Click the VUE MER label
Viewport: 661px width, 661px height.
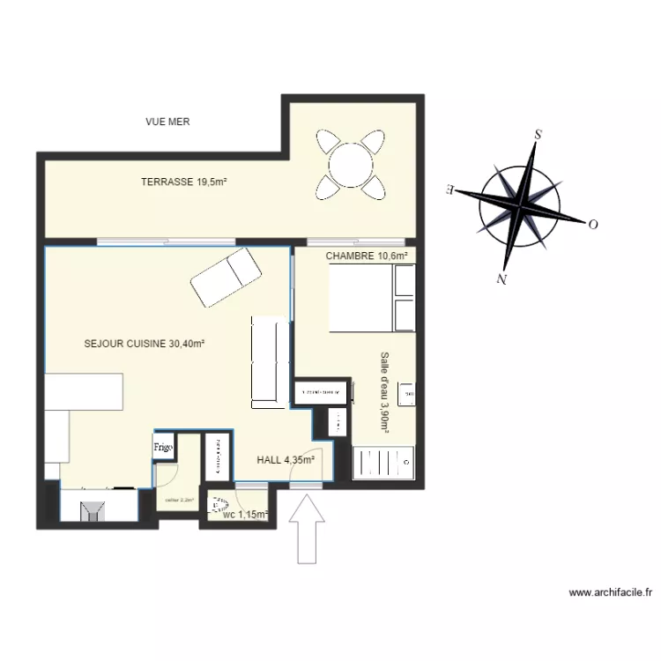(x=167, y=122)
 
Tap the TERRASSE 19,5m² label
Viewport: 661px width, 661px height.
(x=184, y=182)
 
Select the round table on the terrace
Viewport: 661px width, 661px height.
(x=352, y=163)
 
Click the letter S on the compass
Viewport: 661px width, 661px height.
(x=536, y=136)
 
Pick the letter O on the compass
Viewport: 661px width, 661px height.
(x=593, y=225)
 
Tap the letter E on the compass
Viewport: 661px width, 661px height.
(x=451, y=189)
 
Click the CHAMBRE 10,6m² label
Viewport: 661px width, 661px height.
(x=367, y=256)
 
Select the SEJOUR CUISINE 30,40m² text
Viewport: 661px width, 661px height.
(x=145, y=344)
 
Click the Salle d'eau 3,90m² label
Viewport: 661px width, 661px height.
(x=384, y=391)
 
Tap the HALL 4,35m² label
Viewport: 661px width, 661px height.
(x=286, y=459)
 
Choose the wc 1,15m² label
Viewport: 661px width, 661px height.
(x=246, y=514)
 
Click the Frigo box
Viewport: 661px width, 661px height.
(x=163, y=447)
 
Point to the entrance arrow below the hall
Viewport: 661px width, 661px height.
(x=308, y=529)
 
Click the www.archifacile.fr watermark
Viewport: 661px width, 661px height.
(x=611, y=594)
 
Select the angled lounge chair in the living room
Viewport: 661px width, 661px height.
(x=227, y=277)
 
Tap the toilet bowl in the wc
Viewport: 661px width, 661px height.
(x=216, y=504)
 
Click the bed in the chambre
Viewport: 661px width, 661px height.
(x=371, y=300)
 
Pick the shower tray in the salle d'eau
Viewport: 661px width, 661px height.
(x=384, y=462)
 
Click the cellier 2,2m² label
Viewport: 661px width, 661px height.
(x=179, y=500)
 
